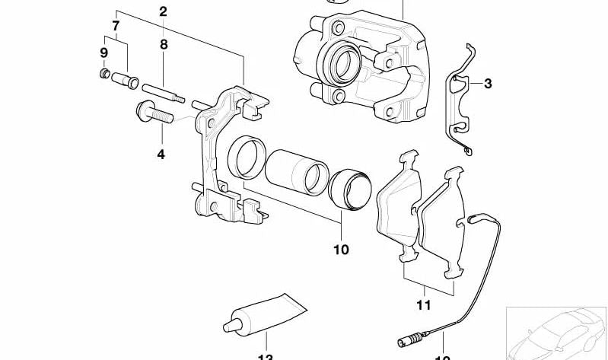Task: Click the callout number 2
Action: (x=162, y=11)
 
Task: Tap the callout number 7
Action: (x=116, y=26)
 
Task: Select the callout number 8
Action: (x=163, y=45)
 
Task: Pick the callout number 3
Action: (x=488, y=84)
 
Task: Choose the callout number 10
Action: (x=340, y=249)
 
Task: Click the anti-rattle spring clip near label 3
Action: (x=460, y=103)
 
